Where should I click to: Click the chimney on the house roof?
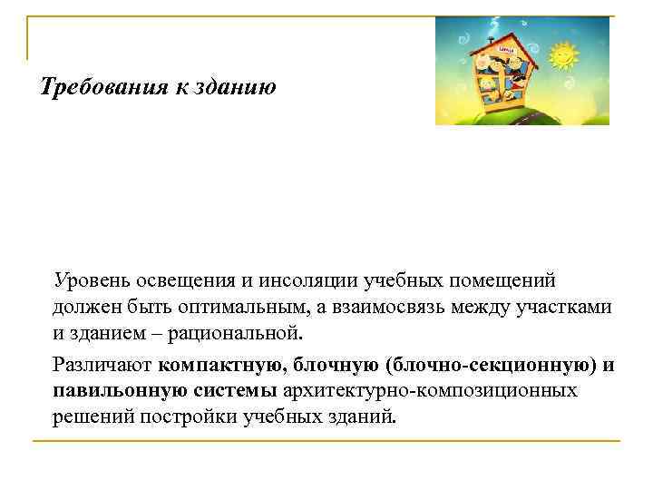[490, 40]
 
